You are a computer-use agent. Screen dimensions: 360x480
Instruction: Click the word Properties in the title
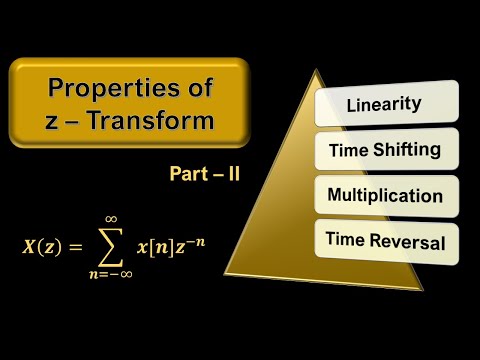coord(103,88)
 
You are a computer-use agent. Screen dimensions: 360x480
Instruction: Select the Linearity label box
coord(384,104)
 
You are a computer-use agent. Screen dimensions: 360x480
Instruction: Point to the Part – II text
coord(205,172)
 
